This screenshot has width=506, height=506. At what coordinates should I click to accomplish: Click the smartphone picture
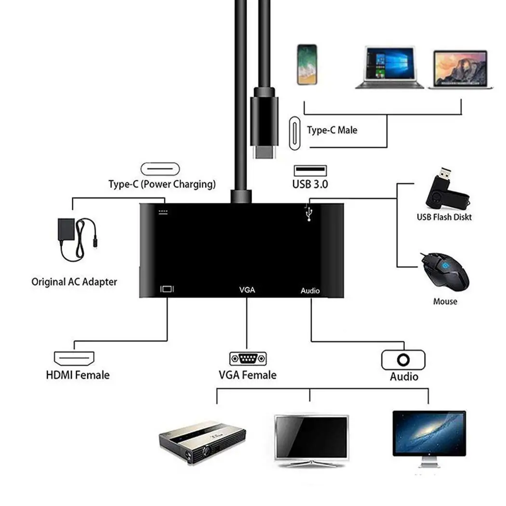tap(307, 64)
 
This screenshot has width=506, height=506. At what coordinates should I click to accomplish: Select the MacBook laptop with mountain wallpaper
tap(460, 69)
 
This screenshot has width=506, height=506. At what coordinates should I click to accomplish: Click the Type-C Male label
tap(332, 130)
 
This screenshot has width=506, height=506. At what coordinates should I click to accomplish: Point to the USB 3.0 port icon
tap(310, 171)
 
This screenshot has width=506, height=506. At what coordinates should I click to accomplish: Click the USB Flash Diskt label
tap(444, 217)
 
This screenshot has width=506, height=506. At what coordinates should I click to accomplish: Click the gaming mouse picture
tap(444, 272)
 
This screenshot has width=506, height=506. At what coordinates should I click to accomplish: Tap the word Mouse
tap(445, 302)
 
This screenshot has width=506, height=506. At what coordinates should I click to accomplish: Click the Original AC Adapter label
tap(74, 282)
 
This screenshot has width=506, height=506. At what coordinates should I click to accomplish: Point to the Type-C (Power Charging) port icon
tap(160, 169)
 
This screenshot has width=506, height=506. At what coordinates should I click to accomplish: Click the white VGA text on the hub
tap(247, 290)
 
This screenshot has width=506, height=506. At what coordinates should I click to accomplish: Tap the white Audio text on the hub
tap(310, 291)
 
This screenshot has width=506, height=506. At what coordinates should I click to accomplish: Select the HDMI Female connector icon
tap(73, 358)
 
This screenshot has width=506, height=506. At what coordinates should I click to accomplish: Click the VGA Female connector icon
tap(248, 359)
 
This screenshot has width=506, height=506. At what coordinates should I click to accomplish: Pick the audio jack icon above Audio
tap(403, 360)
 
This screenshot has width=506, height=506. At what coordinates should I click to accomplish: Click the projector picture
tap(202, 440)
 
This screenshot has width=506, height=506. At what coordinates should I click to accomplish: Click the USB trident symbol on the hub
tap(308, 213)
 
